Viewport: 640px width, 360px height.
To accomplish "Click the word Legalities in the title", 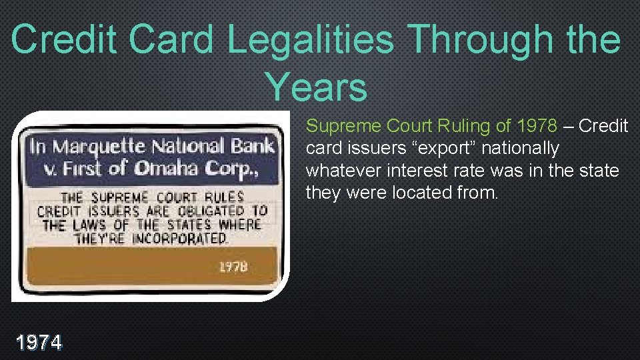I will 310,39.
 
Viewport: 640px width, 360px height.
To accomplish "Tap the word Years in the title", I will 316,87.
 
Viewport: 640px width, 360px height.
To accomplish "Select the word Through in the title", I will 474,39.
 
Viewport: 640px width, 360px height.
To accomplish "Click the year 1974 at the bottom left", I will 40,343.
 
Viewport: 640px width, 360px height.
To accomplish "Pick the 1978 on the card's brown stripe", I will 233,267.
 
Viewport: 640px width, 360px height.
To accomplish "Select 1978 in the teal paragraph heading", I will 537,126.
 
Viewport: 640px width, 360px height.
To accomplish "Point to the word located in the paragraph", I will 421,193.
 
